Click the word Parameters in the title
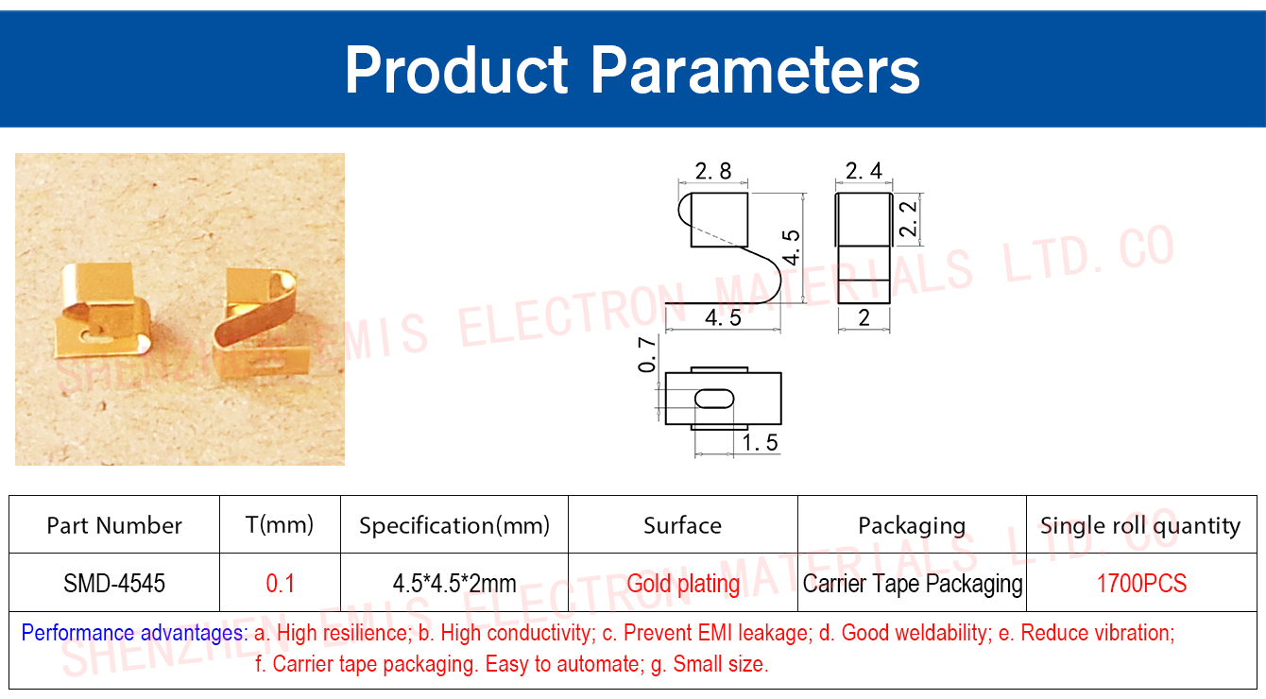coord(755,70)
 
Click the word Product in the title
coord(456,70)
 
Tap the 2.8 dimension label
coord(712,171)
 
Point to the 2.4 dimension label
coord(864,170)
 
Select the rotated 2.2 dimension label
coord(908,219)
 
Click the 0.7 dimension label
coord(647,355)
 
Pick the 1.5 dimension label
coord(761,442)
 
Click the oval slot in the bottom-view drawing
coord(714,399)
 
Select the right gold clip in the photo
coord(261,319)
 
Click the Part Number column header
coord(114,525)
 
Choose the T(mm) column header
coord(280,525)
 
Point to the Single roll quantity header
coord(1140,526)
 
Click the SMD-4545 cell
coord(114,583)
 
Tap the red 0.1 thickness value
coord(281,583)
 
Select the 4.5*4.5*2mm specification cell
coord(454,583)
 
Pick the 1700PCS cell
coord(1141,583)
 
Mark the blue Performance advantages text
coord(134,633)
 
